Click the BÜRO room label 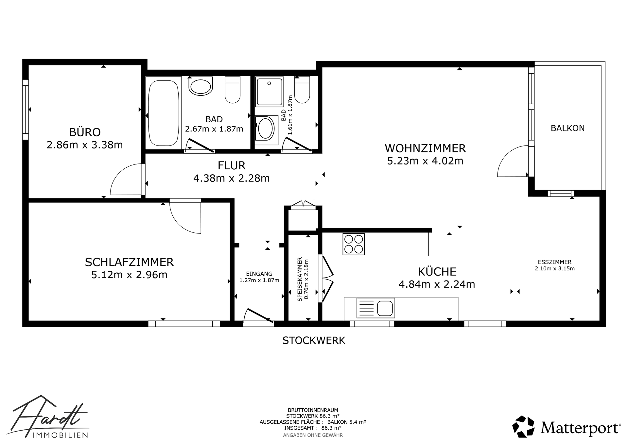click(85, 132)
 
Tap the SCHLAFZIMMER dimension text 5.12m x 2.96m click(130, 275)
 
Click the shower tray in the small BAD click(269, 93)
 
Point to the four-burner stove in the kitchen click(354, 244)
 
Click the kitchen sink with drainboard click(376, 308)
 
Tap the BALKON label click(567, 128)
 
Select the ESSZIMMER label click(555, 262)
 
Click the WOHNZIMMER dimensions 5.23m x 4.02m click(425, 161)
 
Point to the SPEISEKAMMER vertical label click(299, 279)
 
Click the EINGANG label click(259, 274)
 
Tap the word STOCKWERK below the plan click(314, 340)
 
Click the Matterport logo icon click(523, 427)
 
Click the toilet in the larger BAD click(233, 90)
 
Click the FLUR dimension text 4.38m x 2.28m click(232, 179)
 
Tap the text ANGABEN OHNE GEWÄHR click(313, 435)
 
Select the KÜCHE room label click(437, 272)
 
